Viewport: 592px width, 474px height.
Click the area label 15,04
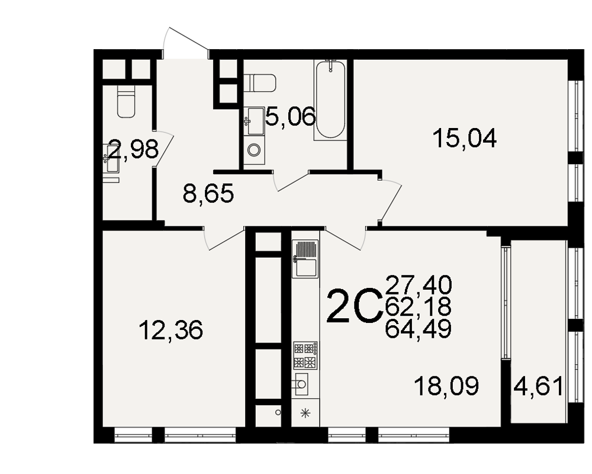coord(464,138)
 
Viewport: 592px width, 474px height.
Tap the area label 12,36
coord(170,329)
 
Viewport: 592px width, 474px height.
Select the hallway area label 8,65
coord(208,194)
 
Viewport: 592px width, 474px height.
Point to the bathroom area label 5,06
coord(290,116)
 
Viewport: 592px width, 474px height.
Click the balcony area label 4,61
coord(539,387)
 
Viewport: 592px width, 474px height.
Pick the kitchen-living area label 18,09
coord(446,386)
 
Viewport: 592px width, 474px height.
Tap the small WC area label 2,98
coord(133,149)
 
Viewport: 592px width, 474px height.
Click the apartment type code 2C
coord(354,306)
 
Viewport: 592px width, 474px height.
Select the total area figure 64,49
coord(419,329)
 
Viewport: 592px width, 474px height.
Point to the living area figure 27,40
coord(419,285)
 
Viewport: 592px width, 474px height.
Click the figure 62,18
coord(419,307)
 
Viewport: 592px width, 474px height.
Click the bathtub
coord(330,100)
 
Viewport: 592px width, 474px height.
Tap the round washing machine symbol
coord(254,150)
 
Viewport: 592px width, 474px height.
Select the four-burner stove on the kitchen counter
coord(305,355)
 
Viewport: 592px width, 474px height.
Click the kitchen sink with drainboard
coord(305,259)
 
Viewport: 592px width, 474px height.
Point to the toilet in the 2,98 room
coord(126,101)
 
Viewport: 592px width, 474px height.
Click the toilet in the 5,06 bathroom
coord(260,83)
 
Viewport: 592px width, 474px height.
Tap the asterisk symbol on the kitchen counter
coord(305,413)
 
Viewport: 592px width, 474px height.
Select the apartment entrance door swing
coord(185,43)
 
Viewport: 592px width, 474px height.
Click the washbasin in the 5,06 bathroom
coord(254,121)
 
